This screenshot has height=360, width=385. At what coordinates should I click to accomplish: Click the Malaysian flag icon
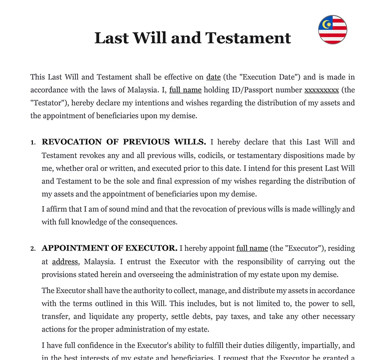(333, 30)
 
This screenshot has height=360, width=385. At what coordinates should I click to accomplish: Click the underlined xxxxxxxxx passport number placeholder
(321, 90)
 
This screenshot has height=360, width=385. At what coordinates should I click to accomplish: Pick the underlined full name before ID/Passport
(185, 90)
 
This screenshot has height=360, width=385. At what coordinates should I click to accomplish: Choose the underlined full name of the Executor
(252, 248)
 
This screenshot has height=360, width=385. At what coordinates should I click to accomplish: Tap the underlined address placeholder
(65, 262)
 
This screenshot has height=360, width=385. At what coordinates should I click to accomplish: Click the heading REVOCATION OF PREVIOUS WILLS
(124, 142)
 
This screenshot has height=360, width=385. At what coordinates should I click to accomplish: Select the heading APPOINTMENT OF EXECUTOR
(110, 248)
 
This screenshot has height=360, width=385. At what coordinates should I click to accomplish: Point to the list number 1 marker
(32, 143)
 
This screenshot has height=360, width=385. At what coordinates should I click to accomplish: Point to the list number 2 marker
(32, 249)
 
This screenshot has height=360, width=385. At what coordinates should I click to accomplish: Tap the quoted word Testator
(49, 103)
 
